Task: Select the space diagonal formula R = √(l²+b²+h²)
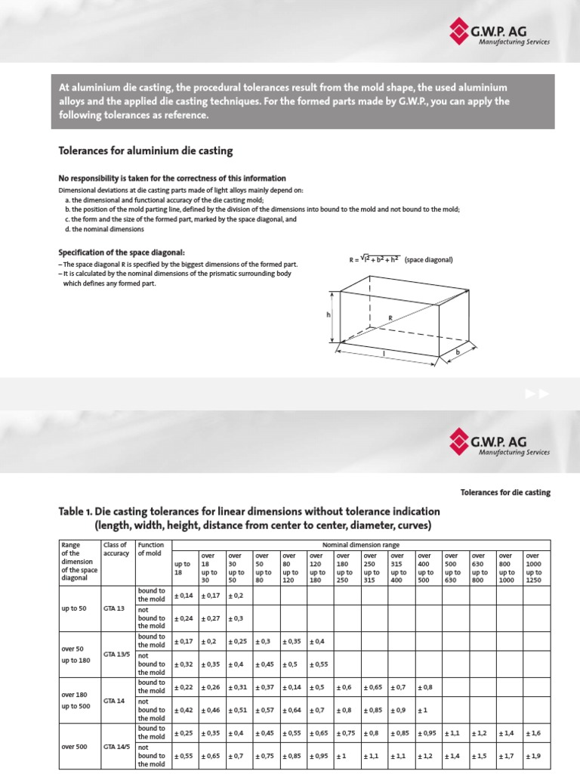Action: click(x=375, y=260)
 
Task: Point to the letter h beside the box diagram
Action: click(x=329, y=315)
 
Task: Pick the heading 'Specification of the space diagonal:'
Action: click(x=122, y=252)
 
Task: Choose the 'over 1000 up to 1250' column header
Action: click(x=538, y=568)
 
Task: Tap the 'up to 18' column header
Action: click(x=183, y=568)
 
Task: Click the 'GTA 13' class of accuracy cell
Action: click(x=114, y=607)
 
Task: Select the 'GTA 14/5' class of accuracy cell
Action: click(x=116, y=746)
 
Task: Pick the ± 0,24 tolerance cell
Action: click(x=184, y=618)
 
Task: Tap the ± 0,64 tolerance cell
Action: click(x=292, y=710)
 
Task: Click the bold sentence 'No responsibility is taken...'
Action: click(x=172, y=178)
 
